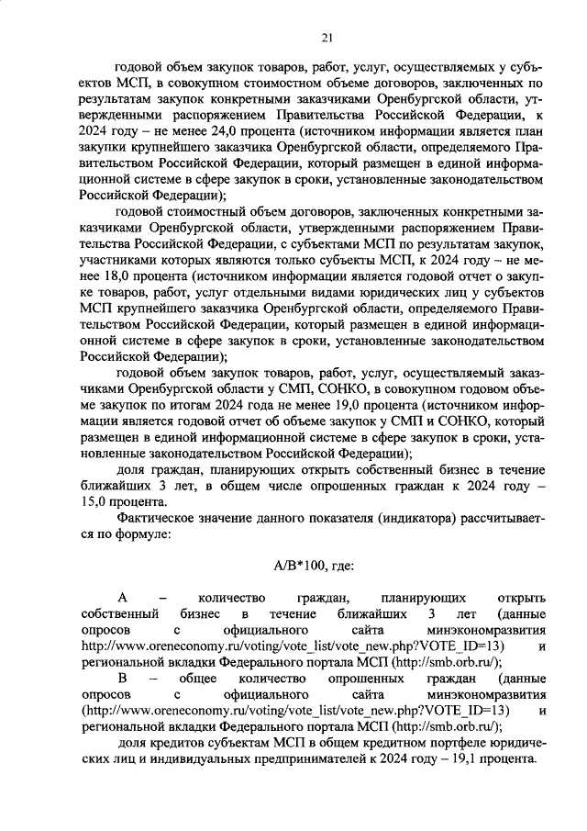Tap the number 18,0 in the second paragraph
(x=124, y=276)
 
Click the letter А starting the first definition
(x=122, y=597)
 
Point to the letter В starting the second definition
(x=122, y=678)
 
